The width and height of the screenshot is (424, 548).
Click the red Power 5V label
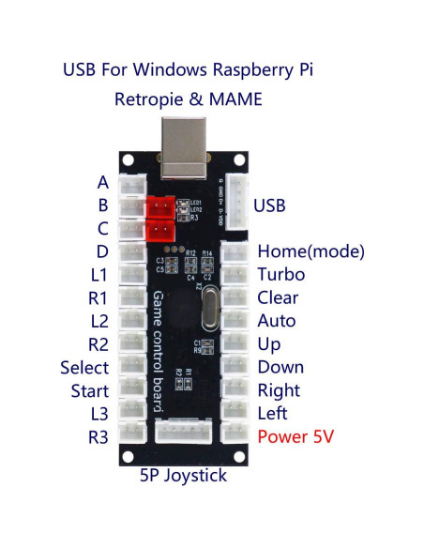tap(295, 436)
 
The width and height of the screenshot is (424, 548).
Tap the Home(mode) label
tap(310, 251)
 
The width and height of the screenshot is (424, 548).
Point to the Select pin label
tap(84, 368)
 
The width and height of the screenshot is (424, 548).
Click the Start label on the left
tap(89, 390)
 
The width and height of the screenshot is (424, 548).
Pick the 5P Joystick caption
tap(184, 475)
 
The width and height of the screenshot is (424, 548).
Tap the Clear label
tap(278, 298)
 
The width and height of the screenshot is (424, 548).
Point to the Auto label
tap(276, 321)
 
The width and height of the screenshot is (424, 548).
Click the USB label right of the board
tap(269, 205)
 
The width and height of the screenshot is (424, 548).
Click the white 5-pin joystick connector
tap(185, 434)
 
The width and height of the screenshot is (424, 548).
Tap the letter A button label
tap(103, 182)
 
